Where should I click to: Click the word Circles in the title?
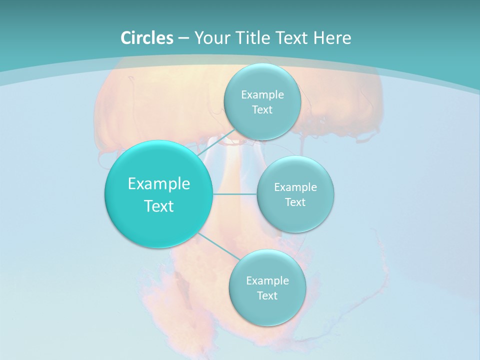(146, 38)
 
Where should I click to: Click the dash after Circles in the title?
(183, 38)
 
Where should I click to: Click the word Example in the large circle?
(159, 184)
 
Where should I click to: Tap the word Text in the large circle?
(159, 206)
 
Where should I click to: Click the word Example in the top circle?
(262, 94)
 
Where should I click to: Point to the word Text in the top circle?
(262, 109)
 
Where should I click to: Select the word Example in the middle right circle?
(295, 187)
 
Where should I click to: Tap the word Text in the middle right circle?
(295, 202)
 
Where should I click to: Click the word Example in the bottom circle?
(267, 280)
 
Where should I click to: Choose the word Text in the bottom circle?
(267, 295)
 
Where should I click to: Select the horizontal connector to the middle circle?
(234, 194)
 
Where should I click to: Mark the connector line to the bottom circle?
(218, 246)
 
